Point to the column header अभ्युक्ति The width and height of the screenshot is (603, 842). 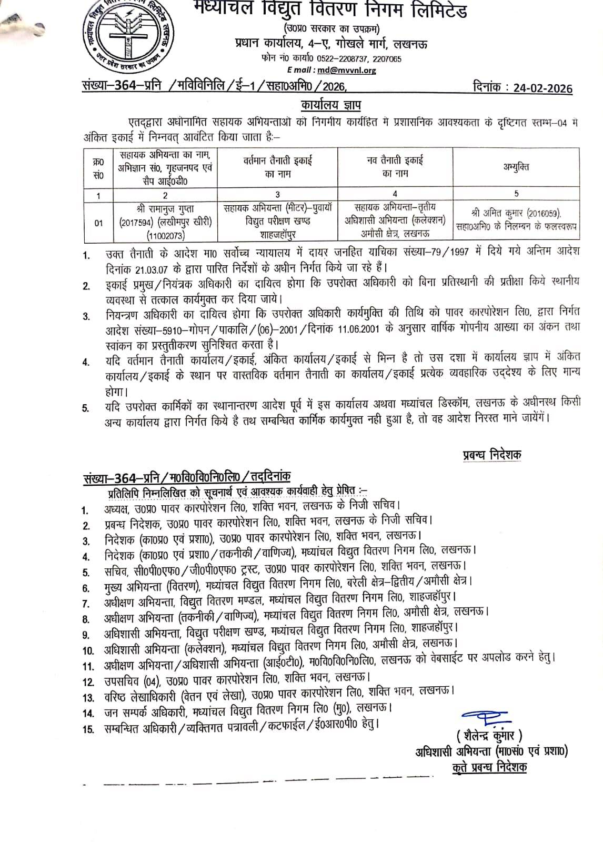(516, 167)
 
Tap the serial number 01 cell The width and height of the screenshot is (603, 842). (99, 223)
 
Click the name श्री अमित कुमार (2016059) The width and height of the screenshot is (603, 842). (516, 213)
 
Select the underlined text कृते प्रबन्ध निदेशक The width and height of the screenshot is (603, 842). (489, 768)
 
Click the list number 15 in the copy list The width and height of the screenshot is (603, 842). (88, 729)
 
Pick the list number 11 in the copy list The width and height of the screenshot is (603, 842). (88, 666)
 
